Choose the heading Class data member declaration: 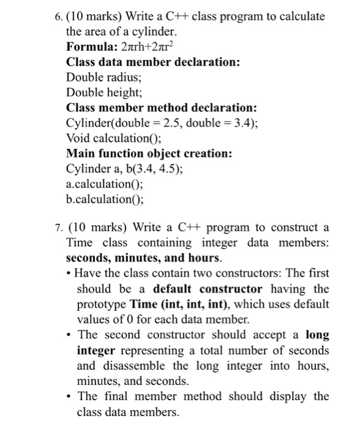pyautogui.click(x=153, y=63)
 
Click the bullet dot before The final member pyautogui.click(x=70, y=396)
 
